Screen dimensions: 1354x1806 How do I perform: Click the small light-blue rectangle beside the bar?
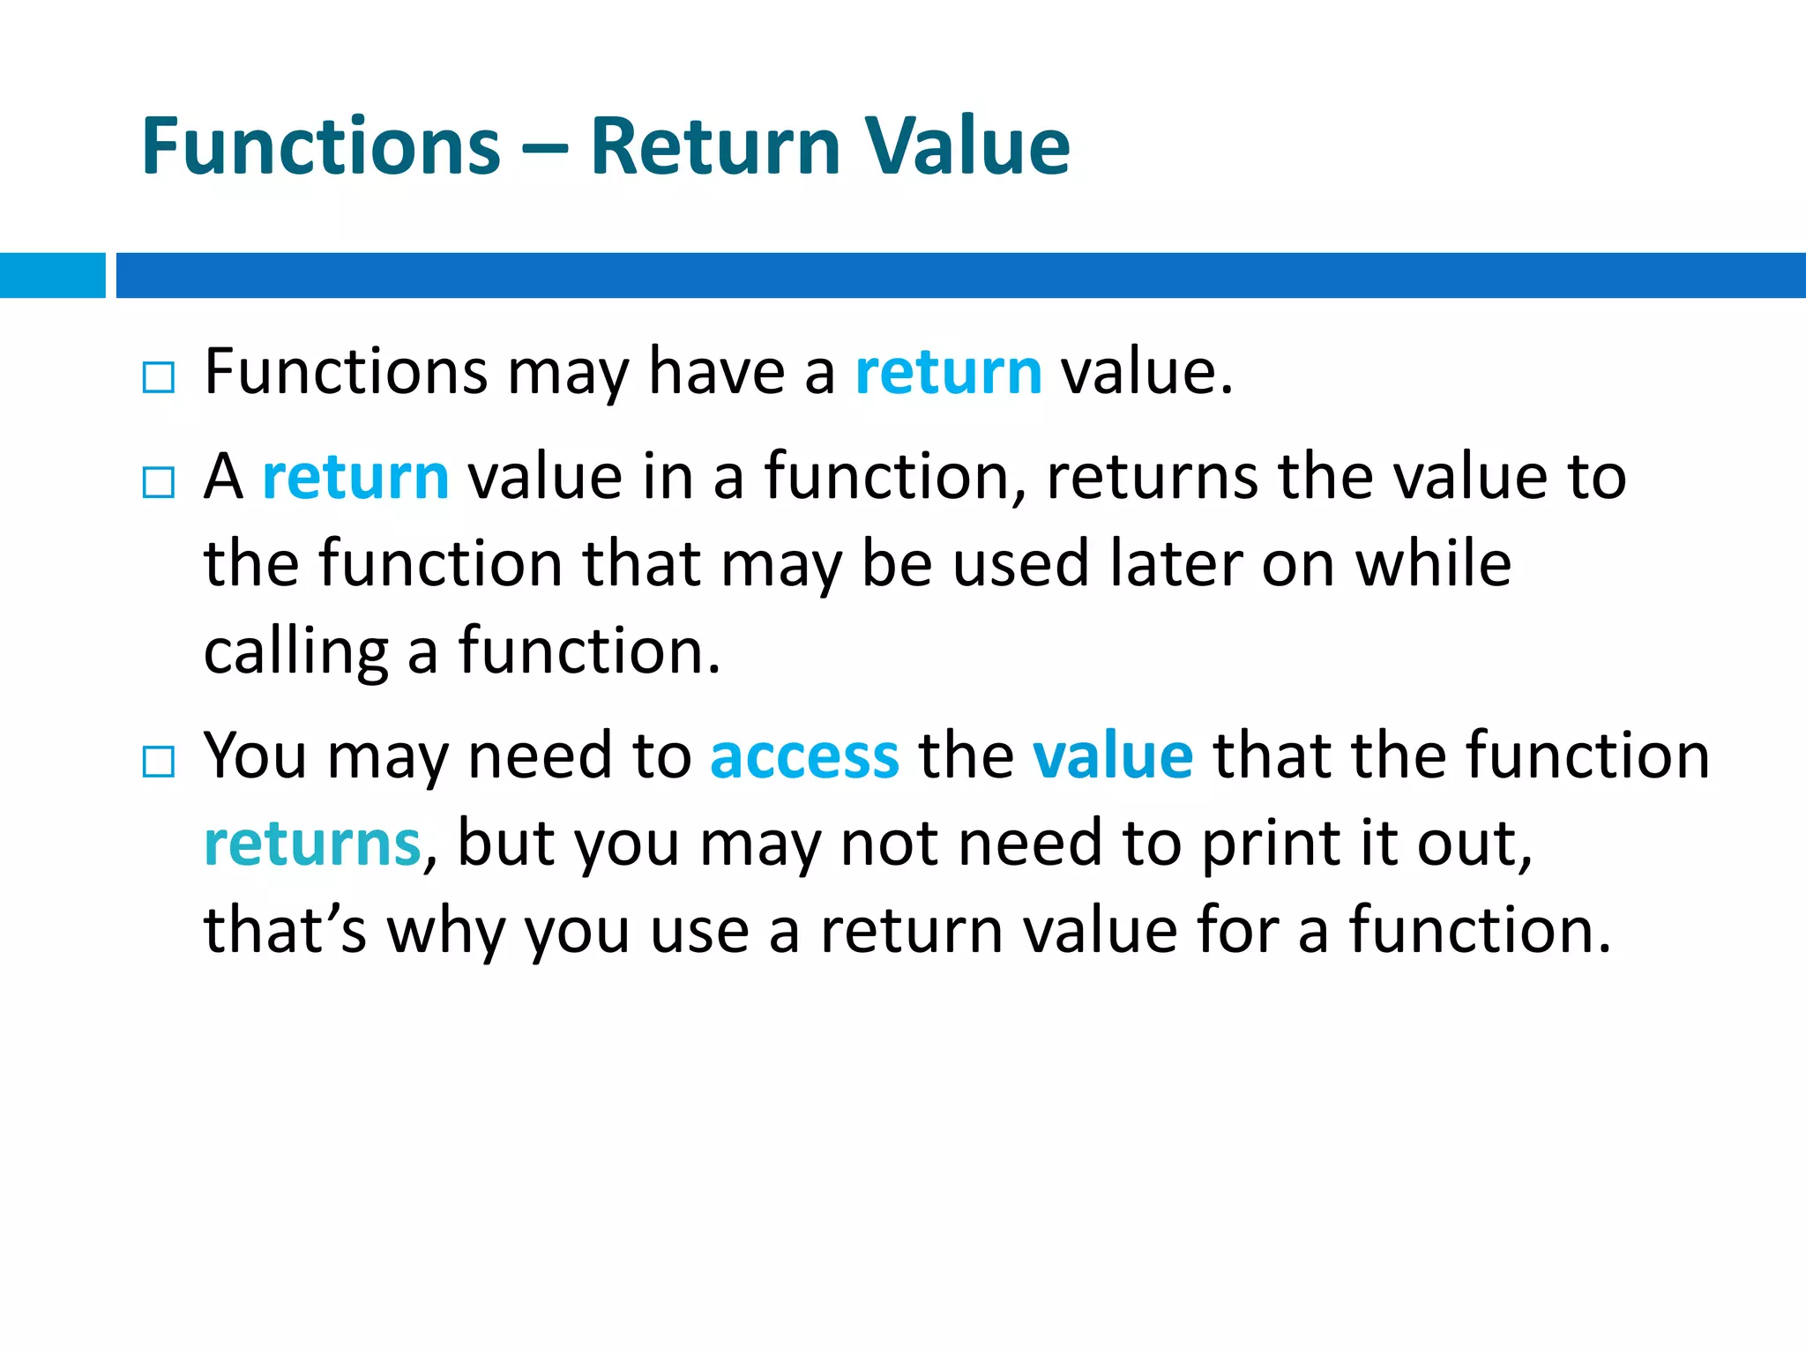tap(52, 275)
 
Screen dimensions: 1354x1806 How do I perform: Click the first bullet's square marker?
tap(159, 378)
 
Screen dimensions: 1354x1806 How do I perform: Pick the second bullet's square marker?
tap(159, 483)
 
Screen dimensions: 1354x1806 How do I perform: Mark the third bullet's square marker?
tap(159, 763)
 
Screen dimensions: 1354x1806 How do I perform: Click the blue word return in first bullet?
tap(949, 372)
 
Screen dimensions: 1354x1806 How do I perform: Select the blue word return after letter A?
tap(355, 477)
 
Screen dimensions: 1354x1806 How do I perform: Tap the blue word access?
tap(804, 756)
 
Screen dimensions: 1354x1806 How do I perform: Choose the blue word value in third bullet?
tap(1113, 756)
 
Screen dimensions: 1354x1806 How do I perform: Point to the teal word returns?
tap(312, 844)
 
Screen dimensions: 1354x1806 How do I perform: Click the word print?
tap(1271, 844)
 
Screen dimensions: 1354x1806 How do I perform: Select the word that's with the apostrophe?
tap(285, 930)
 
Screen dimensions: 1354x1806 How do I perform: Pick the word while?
tap(1433, 564)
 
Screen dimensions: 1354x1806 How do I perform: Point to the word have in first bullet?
tap(716, 372)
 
